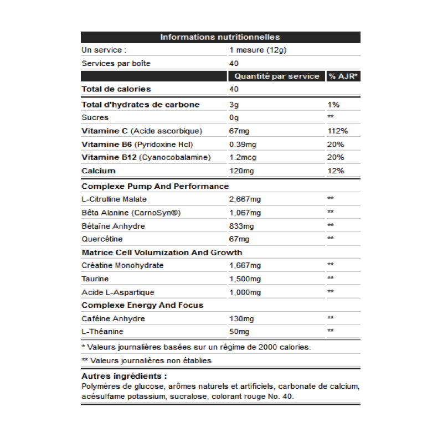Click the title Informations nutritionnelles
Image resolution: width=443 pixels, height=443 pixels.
point(220,37)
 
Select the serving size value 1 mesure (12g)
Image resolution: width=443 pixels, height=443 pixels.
point(257,50)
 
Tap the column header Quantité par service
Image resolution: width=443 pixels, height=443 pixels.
point(277,76)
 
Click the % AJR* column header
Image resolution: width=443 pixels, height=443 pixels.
point(343,76)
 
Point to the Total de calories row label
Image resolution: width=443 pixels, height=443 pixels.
point(116,89)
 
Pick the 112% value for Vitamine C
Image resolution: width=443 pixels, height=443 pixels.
point(338,131)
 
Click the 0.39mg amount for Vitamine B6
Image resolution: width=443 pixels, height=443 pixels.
point(243,145)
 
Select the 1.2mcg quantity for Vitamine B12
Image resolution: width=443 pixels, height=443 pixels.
point(243,158)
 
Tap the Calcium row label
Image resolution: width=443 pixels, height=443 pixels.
point(99,171)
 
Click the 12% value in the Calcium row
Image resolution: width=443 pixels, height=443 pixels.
point(336,171)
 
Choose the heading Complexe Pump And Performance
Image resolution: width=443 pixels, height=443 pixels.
point(155,187)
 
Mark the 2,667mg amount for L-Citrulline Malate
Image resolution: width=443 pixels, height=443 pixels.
point(245,199)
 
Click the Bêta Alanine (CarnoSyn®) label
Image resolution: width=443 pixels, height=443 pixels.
point(131,213)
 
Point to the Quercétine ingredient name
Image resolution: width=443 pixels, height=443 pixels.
point(102,239)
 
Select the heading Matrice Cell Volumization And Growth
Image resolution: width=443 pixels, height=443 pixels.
point(162,253)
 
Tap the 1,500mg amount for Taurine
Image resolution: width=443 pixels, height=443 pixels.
point(245,279)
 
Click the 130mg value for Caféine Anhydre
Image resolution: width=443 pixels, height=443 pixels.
point(241,319)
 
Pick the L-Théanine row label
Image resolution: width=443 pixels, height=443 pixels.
point(102,332)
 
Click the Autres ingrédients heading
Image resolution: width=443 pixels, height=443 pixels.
point(116,377)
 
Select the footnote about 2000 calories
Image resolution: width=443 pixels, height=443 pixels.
point(196,347)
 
